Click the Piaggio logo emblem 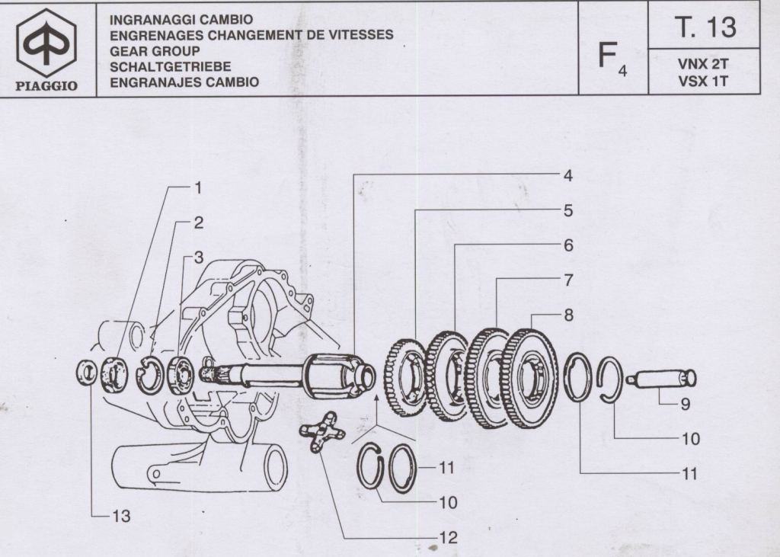46,43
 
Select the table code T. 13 705,27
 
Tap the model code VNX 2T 703,65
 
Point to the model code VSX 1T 703,81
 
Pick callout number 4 567,175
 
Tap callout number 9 686,405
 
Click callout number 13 121,516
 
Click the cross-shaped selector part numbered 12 321,431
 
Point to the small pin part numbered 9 661,378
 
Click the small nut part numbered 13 89,373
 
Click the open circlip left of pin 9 610,379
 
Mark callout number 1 197,187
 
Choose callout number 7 568,280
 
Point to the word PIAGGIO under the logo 46,85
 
